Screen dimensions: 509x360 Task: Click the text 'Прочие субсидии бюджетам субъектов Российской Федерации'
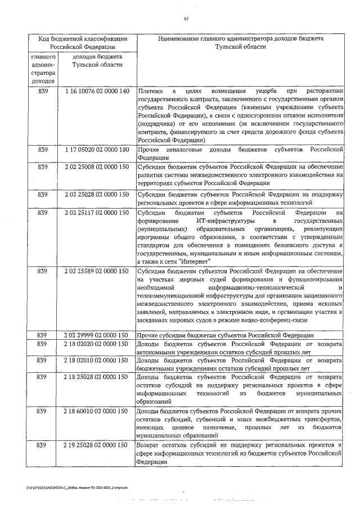coord(225,336)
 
